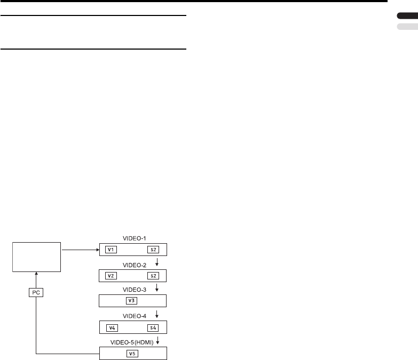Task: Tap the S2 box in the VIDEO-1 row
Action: tap(154, 249)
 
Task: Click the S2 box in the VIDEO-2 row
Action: tap(154, 275)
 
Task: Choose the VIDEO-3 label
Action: tap(133, 289)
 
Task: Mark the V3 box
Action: tap(133, 301)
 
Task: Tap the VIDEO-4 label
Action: tap(133, 315)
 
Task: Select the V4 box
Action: tap(112, 327)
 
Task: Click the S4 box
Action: tap(154, 327)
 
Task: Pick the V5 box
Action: tap(133, 353)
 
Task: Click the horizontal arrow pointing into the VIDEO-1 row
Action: tap(80, 249)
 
